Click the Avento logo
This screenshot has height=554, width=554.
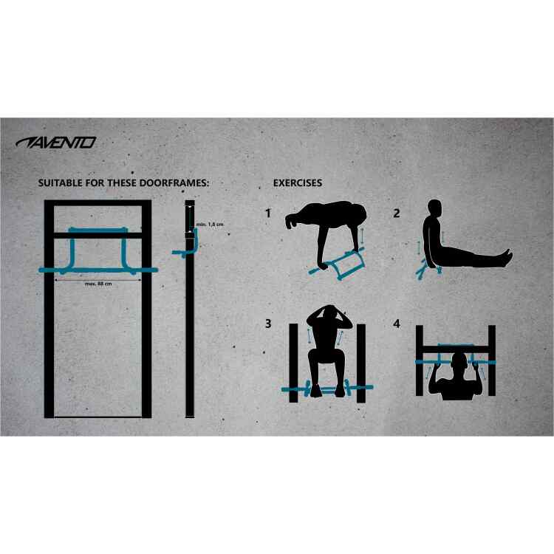coord(56,143)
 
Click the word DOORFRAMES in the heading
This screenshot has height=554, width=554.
coord(174,183)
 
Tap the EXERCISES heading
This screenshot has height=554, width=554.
coord(298,183)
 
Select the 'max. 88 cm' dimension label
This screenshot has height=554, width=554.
coord(98,284)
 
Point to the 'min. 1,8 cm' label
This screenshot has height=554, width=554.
coord(210,225)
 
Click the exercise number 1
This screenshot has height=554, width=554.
coord(268,213)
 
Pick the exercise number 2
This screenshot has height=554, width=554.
coord(397,213)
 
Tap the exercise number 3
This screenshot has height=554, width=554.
coord(268,324)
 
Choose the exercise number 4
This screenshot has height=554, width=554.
coord(397,324)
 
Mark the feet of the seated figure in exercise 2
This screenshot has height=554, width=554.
coord(507,257)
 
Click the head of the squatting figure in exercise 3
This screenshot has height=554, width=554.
coord(329,313)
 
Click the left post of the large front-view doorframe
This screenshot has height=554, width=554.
coord(49,310)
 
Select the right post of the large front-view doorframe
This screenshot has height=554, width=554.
coord(147,310)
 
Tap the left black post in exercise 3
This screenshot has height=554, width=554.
coord(293,363)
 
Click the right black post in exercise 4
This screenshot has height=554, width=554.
coord(492,360)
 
